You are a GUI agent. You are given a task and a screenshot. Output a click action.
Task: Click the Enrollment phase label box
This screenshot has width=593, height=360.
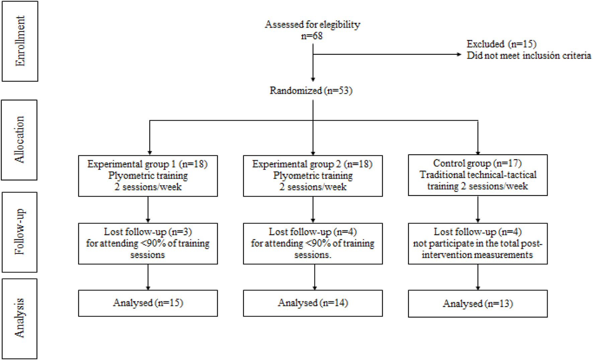point(20,41)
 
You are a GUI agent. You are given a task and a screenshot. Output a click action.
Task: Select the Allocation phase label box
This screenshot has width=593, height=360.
point(19,140)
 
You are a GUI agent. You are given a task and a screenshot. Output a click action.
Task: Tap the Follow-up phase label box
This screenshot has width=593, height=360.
point(19,232)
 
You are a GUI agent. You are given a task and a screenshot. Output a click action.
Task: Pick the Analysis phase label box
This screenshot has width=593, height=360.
point(19,319)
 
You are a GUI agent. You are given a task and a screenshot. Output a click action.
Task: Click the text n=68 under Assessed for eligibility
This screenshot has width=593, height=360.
point(312,36)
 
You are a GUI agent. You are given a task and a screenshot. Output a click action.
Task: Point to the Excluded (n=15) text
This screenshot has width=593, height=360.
point(501,44)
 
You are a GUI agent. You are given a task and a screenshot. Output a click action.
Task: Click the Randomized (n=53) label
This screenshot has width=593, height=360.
point(311,91)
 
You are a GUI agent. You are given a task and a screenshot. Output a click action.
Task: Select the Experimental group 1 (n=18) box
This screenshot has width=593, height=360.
point(148,176)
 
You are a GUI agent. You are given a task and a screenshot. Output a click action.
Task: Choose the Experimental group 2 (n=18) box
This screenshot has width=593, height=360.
point(313,176)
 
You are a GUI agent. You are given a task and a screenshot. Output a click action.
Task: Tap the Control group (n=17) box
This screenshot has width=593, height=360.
point(478,175)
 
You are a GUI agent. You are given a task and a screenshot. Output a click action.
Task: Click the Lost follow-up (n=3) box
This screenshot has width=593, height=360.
point(148,244)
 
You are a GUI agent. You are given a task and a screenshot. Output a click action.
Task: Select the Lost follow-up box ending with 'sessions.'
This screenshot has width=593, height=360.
point(313,244)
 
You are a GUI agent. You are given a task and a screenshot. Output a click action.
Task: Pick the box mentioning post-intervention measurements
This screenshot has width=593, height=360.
point(478,244)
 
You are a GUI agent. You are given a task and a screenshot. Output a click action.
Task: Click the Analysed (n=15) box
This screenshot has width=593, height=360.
point(148,303)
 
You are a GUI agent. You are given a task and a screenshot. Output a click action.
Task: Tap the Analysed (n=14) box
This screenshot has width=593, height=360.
point(313,303)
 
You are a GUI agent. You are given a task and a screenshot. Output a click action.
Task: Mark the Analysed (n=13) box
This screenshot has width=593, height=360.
point(478,304)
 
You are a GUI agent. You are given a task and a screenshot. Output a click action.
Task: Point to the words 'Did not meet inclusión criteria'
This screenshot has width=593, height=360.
point(529,56)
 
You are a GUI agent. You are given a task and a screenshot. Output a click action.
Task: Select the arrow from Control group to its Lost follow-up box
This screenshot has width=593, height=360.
point(478,209)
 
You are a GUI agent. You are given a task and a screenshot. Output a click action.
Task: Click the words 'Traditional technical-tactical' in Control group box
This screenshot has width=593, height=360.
point(478,175)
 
